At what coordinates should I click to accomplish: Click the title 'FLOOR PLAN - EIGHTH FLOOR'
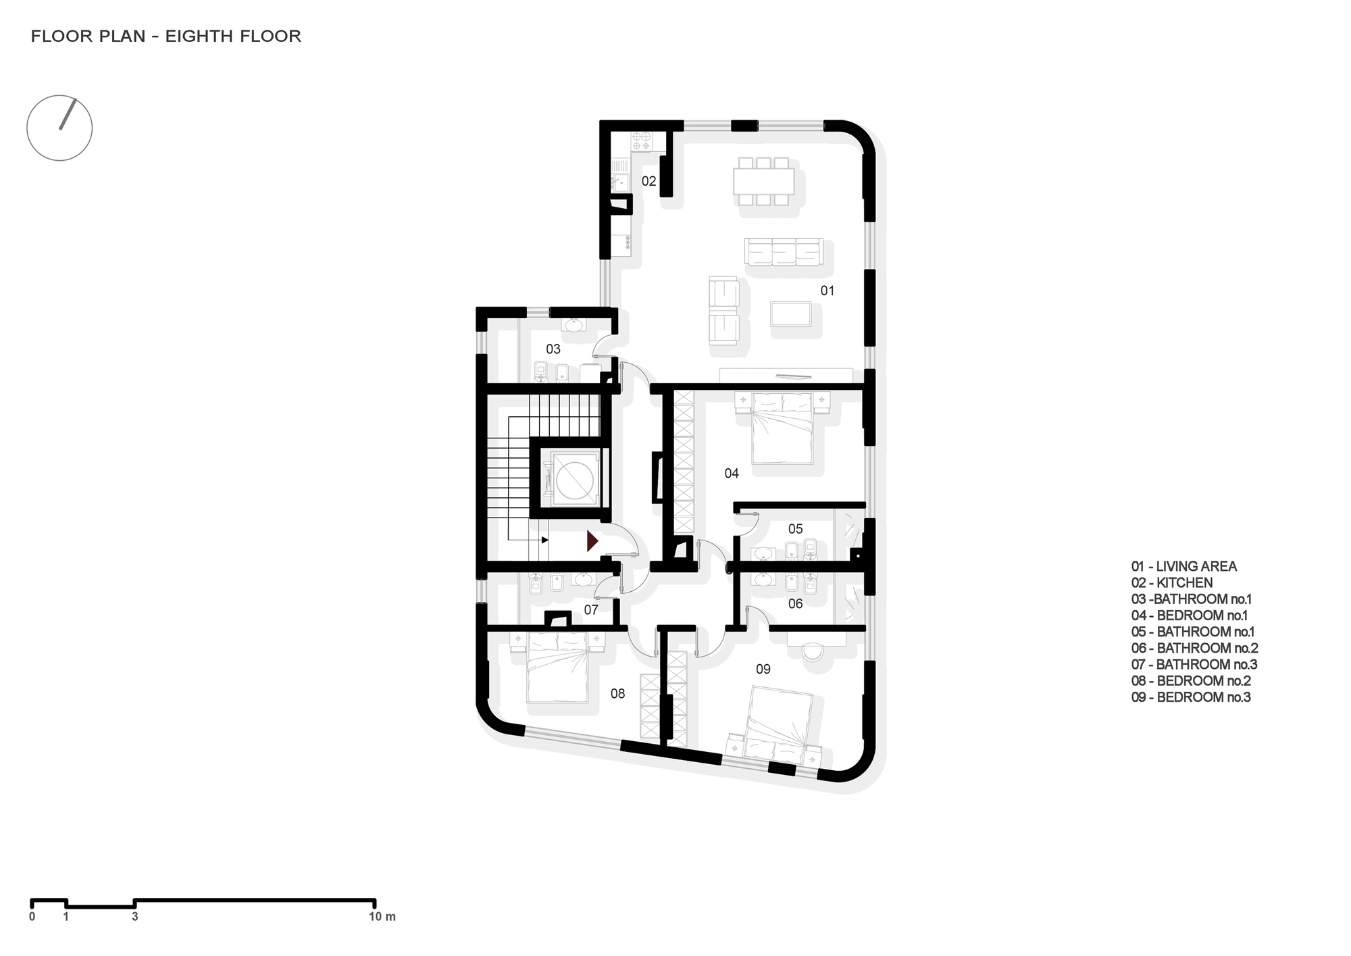[x=166, y=36]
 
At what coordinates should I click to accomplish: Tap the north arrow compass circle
[x=59, y=128]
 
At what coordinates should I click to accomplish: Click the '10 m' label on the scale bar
[x=382, y=917]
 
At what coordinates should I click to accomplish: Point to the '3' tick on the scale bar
[x=135, y=917]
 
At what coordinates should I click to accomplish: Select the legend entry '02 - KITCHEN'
[x=1172, y=582]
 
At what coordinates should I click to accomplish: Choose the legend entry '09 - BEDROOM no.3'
[x=1191, y=697]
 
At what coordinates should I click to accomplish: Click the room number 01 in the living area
[x=827, y=291]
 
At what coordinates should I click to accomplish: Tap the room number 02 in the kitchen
[x=648, y=181]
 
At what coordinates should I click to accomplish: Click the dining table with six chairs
[x=763, y=181]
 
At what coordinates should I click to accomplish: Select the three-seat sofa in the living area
[x=784, y=252]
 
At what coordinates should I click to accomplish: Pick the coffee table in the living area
[x=791, y=314]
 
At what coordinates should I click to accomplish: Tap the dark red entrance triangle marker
[x=592, y=540]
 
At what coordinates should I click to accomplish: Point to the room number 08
[x=617, y=694]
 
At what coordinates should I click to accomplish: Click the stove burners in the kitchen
[x=641, y=141]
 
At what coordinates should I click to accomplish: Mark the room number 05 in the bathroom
[x=795, y=529]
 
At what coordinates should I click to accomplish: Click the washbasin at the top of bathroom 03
[x=573, y=326]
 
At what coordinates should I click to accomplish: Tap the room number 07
[x=591, y=610]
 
